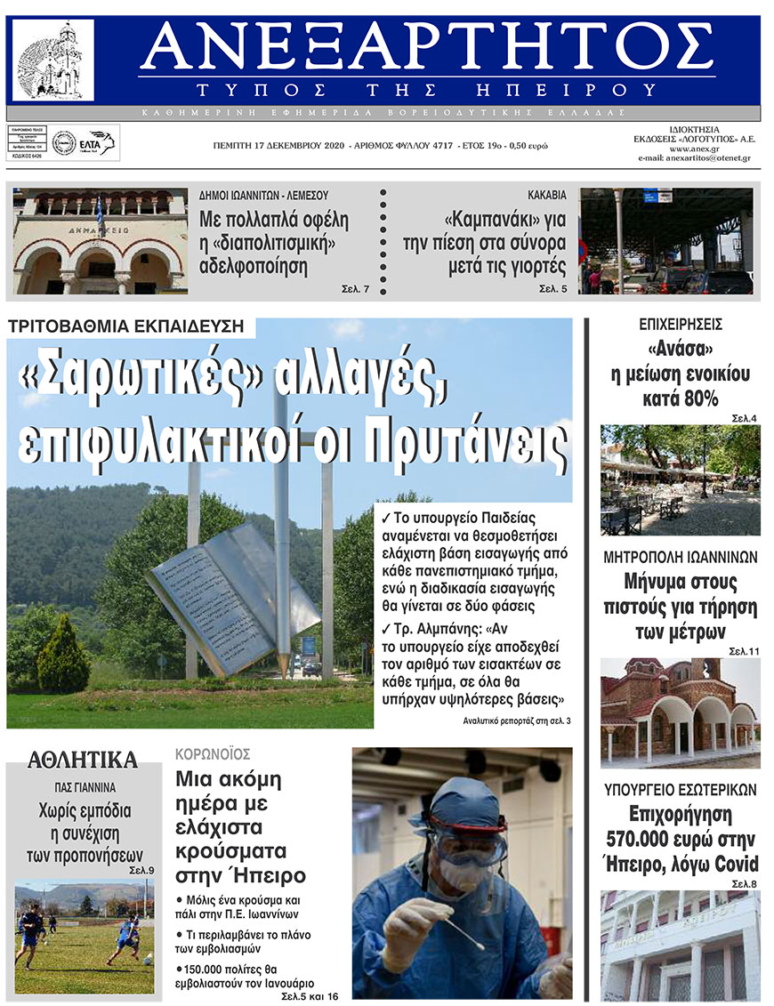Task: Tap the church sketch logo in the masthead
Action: point(52,61)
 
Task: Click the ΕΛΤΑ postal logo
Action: point(96,142)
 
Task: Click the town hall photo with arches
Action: point(100,241)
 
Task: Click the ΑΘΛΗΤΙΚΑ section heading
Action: point(83,760)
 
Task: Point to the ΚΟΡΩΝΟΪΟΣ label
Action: point(213,753)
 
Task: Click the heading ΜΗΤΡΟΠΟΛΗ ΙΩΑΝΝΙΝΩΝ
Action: point(680,558)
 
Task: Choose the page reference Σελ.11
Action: point(745,652)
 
